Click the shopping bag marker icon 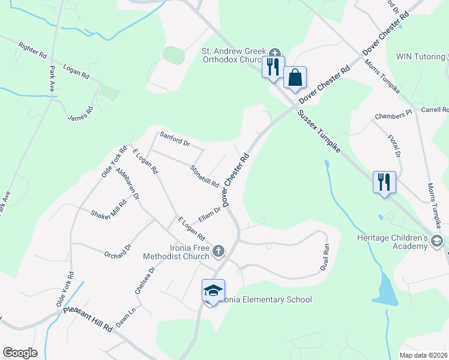tap(295, 78)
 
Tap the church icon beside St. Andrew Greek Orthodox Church tap(276, 52)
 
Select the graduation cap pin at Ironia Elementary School tap(213, 291)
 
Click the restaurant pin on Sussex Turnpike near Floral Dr tap(384, 181)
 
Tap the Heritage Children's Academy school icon tap(436, 241)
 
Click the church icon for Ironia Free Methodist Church tap(219, 250)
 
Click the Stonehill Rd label tap(204, 176)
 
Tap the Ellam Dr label tap(210, 212)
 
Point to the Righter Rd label tap(32, 50)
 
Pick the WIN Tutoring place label tap(420, 56)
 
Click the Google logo tap(19, 353)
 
